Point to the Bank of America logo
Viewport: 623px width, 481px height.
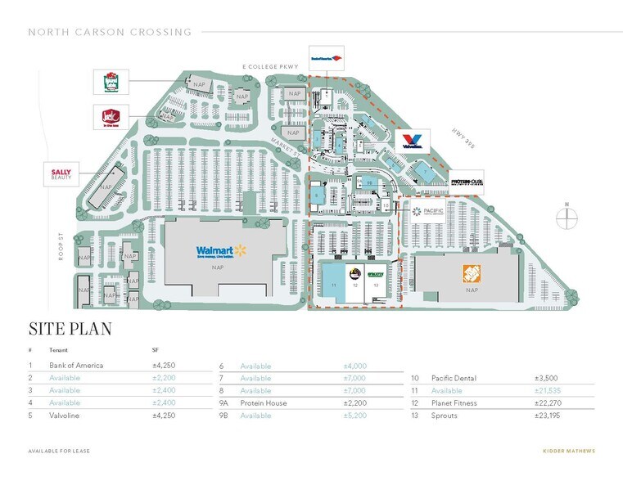[325, 57]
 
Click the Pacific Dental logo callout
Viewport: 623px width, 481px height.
[431, 213]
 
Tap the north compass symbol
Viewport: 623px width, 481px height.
[566, 218]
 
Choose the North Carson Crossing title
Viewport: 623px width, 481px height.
[110, 32]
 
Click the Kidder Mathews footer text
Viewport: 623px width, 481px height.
[569, 452]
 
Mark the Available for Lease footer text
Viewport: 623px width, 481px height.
[59, 452]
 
